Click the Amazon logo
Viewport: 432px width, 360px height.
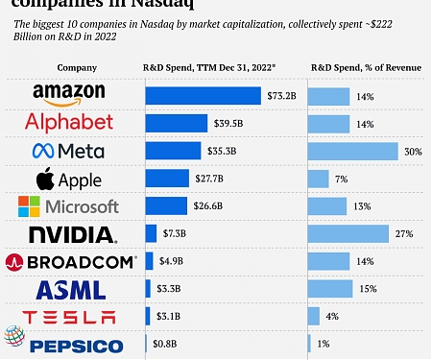[x=75, y=94]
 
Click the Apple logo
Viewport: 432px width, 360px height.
[x=68, y=180]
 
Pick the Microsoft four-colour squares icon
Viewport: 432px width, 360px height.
[x=31, y=206]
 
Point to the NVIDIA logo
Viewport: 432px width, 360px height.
[x=73, y=234]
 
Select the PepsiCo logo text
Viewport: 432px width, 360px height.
[x=77, y=346]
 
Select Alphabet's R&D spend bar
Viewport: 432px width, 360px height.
[x=176, y=123]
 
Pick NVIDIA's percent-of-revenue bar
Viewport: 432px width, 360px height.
[x=348, y=234]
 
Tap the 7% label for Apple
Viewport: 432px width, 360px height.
[x=341, y=180]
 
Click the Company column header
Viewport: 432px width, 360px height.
[x=76, y=68]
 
